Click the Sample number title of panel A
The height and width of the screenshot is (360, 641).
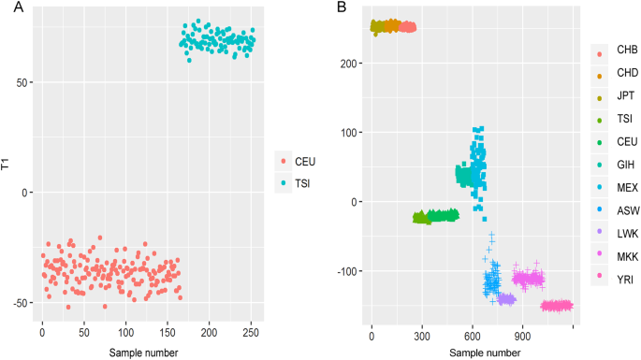(144, 352)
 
